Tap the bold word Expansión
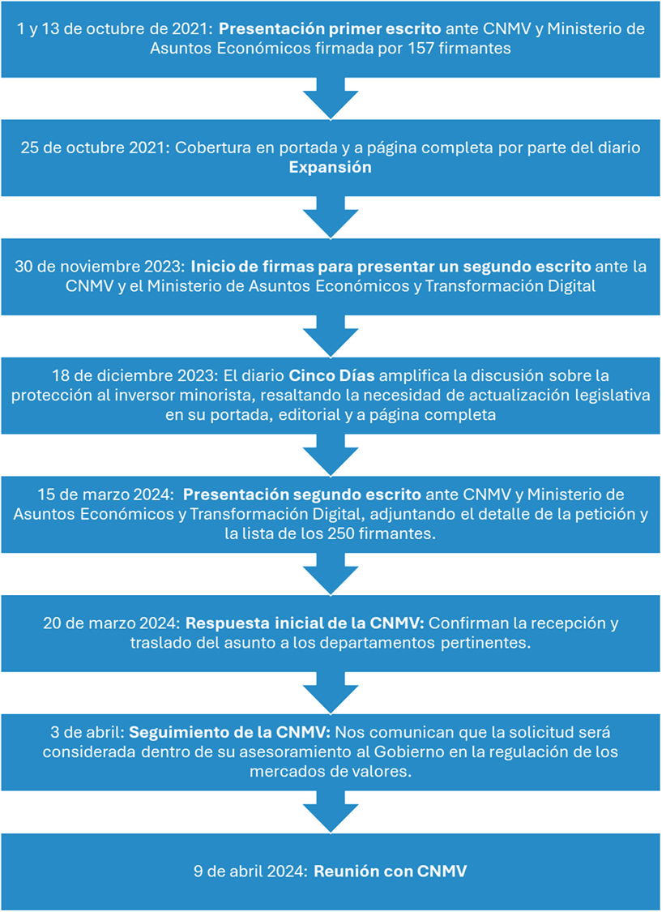[330, 168]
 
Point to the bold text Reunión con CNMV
[391, 871]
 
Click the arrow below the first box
[331, 98]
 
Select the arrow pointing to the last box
[331, 811]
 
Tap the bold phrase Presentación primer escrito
[330, 28]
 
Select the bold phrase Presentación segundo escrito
[302, 495]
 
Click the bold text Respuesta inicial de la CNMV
[306, 624]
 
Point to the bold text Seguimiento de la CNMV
[229, 733]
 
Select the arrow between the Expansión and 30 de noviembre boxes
[331, 217]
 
